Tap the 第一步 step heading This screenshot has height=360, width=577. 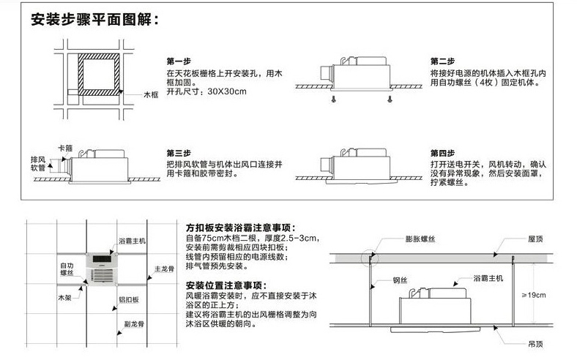point(179,61)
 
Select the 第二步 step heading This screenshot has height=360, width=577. point(443,61)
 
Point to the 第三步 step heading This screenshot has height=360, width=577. point(179,153)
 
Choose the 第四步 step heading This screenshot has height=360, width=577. point(443,153)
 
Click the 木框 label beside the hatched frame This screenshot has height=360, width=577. point(151,95)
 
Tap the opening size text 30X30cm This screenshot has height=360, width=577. point(227,91)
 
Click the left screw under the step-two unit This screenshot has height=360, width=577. point(334,99)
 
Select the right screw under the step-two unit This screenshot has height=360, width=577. point(390,99)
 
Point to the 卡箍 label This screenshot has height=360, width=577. point(65,149)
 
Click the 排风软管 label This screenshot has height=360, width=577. point(38,164)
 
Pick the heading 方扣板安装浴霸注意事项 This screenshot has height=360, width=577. point(241,228)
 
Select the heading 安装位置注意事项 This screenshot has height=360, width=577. point(226,285)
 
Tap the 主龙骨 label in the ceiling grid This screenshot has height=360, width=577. point(164,269)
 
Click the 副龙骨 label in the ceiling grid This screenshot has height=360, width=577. point(134,324)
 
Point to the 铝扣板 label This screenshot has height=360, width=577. point(129,300)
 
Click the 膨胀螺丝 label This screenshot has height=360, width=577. point(420,239)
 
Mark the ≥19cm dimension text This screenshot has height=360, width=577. point(534,295)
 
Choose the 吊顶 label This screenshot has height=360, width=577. point(535,344)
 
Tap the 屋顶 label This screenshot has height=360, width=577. point(535,239)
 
